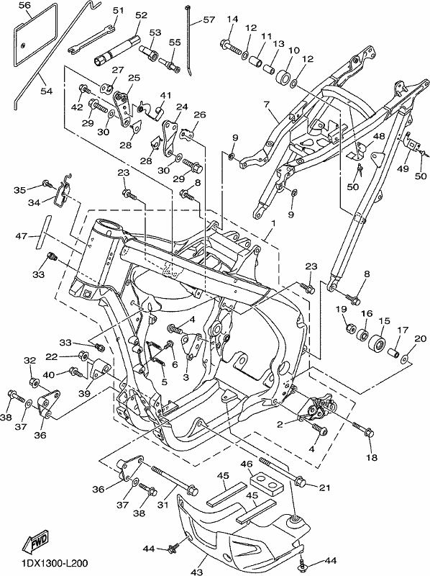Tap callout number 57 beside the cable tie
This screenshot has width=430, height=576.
209,19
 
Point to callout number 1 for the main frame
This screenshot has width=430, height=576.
273,223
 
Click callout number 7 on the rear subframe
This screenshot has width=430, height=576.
266,104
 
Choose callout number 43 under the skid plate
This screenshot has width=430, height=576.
197,571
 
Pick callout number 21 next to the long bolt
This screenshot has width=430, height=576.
324,488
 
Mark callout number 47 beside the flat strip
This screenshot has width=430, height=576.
22,235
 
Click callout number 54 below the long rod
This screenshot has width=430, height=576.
47,91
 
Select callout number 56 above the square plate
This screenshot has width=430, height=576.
24,5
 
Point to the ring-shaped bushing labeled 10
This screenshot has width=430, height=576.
283,78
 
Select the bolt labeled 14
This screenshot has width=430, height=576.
231,47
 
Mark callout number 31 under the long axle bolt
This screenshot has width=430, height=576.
163,505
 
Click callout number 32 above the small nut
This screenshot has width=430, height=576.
30,361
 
